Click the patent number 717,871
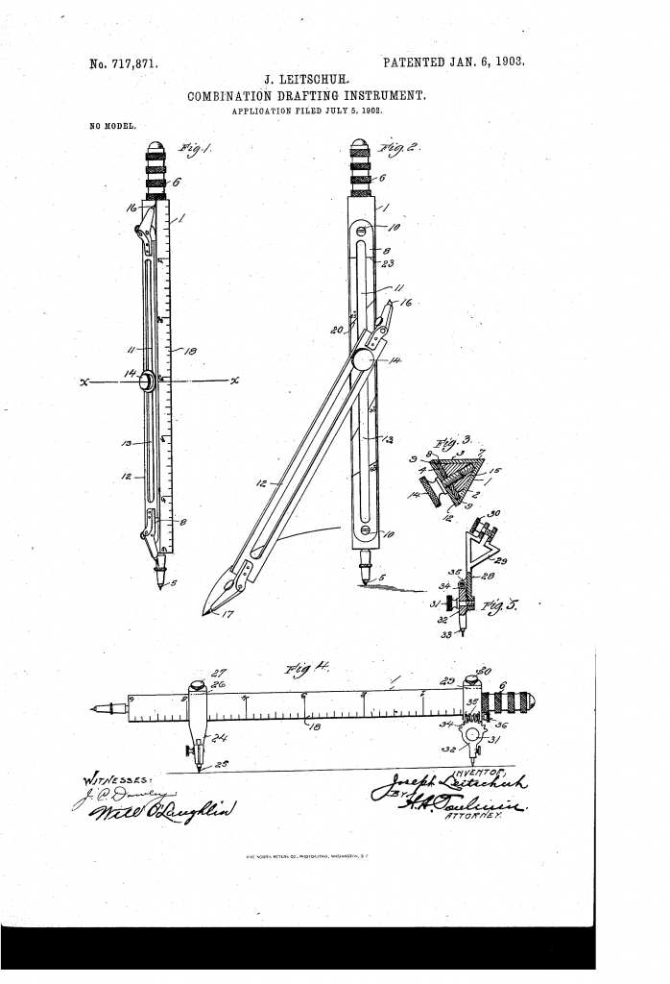[123, 65]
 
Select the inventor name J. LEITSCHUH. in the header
[302, 80]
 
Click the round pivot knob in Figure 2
[364, 359]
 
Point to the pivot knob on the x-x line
[149, 381]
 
